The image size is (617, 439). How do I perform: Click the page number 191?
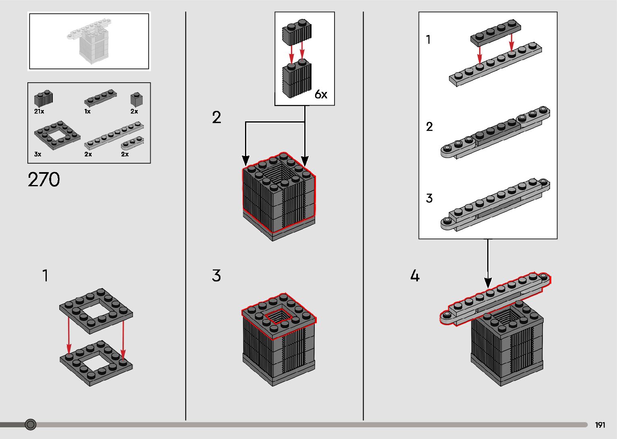[x=600, y=425]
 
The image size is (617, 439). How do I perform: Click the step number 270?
[x=44, y=180]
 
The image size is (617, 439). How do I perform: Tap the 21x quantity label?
[x=39, y=111]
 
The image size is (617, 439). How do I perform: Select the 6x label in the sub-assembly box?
[x=321, y=95]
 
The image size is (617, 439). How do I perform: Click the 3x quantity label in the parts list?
[x=37, y=154]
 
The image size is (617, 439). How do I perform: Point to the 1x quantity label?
[x=87, y=111]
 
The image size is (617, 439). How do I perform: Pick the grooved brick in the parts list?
[x=44, y=98]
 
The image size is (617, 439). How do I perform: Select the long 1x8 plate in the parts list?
[x=114, y=136]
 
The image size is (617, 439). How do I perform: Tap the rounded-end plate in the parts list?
[x=133, y=142]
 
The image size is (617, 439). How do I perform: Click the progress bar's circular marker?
[x=31, y=424]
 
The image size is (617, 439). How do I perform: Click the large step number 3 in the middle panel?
[x=216, y=276]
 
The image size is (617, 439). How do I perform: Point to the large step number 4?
[x=415, y=276]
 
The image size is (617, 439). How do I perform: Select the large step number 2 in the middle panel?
[x=216, y=118]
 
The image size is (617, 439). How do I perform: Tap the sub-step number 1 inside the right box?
[x=428, y=40]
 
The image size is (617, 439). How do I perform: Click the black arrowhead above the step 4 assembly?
[x=488, y=283]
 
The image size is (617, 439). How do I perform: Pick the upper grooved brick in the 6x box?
[x=297, y=33]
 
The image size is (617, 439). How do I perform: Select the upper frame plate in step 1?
[x=96, y=310]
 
